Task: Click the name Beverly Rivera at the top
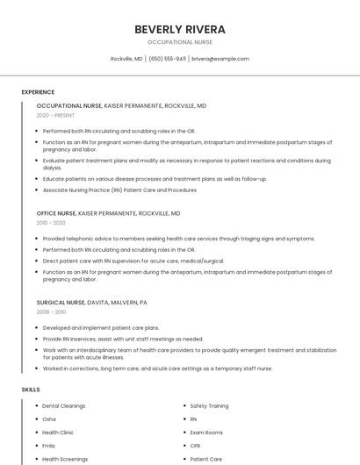pyautogui.click(x=179, y=29)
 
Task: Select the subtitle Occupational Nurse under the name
pyautogui.click(x=179, y=42)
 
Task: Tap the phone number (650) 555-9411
pyautogui.click(x=167, y=59)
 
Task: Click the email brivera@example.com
pyautogui.click(x=220, y=59)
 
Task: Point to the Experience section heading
pyautogui.click(x=38, y=92)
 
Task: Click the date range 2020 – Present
pyautogui.click(x=55, y=115)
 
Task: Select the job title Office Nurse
pyautogui.click(x=56, y=213)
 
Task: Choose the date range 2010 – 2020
pyautogui.click(x=51, y=223)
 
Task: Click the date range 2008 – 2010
pyautogui.click(x=51, y=311)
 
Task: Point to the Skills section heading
pyautogui.click(x=31, y=389)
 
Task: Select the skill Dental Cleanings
pyautogui.click(x=63, y=406)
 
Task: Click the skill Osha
pyautogui.click(x=49, y=419)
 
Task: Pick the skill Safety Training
pyautogui.click(x=209, y=406)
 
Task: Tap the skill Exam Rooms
pyautogui.click(x=206, y=433)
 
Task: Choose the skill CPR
pyautogui.click(x=195, y=446)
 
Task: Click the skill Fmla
pyautogui.click(x=49, y=446)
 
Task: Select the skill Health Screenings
pyautogui.click(x=65, y=459)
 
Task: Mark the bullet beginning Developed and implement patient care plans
pyautogui.click(x=101, y=327)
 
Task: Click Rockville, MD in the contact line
pyautogui.click(x=126, y=59)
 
